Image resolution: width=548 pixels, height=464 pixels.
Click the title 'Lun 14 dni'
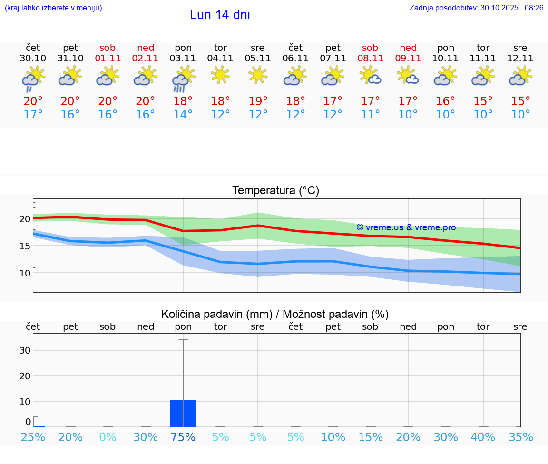[x=220, y=15]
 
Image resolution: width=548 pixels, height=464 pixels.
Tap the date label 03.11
[x=183, y=58]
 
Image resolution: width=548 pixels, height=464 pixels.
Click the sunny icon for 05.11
[x=258, y=75]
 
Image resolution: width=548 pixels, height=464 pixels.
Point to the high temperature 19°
[x=258, y=101]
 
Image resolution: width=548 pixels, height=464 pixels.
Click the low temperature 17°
[x=33, y=115]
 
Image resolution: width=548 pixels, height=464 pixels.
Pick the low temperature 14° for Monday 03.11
[x=183, y=115]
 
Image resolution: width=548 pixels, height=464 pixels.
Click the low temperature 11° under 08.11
[x=370, y=115]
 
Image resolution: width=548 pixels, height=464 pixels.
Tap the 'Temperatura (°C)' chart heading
[x=275, y=190]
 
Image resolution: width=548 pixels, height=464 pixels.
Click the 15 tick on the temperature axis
[x=25, y=246]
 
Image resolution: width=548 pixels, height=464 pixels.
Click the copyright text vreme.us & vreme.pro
[x=406, y=227]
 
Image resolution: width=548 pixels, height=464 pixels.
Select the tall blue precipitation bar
[x=183, y=414]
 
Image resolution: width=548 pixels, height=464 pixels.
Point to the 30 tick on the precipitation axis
[x=25, y=350]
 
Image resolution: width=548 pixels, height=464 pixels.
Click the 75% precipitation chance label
[x=183, y=437]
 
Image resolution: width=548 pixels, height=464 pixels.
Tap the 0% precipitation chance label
[x=108, y=437]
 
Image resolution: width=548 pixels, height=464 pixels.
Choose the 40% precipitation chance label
[x=483, y=437]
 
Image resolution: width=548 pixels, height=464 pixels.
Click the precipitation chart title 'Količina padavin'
[x=216, y=314]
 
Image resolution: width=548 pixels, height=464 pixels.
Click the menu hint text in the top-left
[x=53, y=8]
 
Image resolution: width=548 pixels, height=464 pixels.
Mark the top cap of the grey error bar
[x=183, y=340]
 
